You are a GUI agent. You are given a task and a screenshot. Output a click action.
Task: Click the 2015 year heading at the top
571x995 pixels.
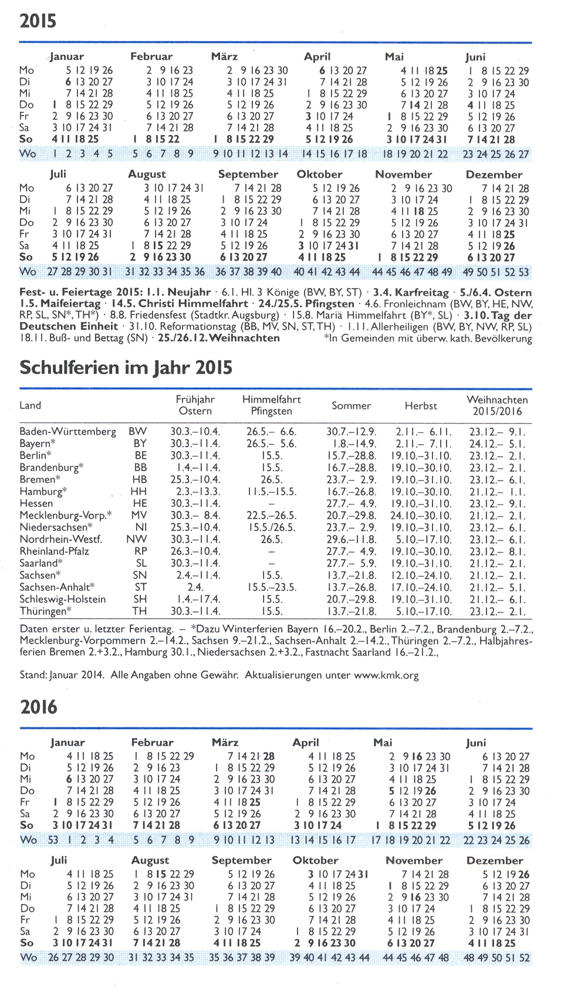38,21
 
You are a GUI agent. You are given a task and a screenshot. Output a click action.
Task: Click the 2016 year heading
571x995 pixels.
39,706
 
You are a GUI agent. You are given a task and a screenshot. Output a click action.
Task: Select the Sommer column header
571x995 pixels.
351,405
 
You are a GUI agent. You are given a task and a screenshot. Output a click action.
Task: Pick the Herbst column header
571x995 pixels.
421,405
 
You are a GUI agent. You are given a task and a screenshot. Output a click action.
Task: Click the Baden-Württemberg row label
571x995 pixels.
67,431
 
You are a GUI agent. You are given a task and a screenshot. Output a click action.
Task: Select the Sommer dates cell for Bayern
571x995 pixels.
351,444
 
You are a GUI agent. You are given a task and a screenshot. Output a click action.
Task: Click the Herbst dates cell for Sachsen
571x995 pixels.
421,575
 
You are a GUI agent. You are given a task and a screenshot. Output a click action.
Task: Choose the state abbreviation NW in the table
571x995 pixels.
137,539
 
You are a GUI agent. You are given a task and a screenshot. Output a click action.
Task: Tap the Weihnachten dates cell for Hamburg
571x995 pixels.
497,491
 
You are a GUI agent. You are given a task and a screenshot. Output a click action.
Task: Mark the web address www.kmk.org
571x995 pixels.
387,675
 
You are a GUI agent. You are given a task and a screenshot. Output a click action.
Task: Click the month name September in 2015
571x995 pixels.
248,174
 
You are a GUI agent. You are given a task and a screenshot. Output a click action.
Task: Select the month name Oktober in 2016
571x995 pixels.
315,860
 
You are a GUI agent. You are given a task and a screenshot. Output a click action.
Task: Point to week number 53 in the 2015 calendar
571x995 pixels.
523,272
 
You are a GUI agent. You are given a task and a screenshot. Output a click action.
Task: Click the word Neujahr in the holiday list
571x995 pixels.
188,292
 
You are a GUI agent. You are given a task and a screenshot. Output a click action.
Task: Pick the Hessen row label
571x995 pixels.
36,503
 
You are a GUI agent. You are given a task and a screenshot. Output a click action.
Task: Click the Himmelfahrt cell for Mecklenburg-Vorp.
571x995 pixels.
271,515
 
